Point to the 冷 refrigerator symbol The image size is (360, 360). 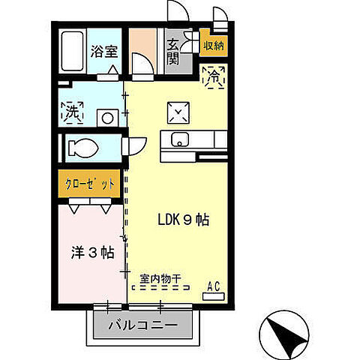click(x=213, y=75)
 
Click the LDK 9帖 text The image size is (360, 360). click(x=182, y=220)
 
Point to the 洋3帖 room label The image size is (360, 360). click(x=91, y=252)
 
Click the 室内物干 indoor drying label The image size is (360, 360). click(x=160, y=277)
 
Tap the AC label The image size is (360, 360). click(x=214, y=285)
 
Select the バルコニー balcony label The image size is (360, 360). click(x=142, y=326)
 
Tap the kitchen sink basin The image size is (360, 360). click(x=181, y=139)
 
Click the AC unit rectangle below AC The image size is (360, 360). click(x=213, y=296)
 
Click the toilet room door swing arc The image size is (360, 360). click(x=136, y=147)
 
